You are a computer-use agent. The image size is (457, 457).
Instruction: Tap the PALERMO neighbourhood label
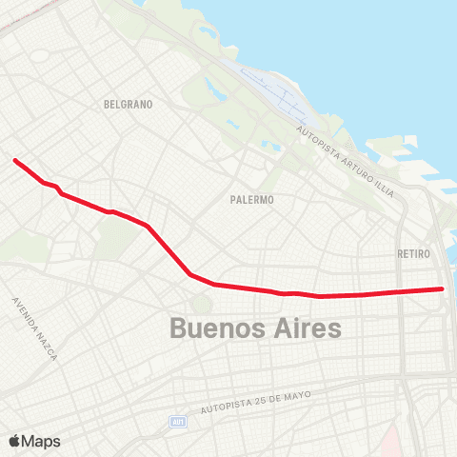point(252,200)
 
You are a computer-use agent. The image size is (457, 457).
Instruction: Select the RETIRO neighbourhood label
point(414,254)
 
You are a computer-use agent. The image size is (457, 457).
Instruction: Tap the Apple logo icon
point(14,441)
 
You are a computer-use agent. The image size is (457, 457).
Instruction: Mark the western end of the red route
point(15,160)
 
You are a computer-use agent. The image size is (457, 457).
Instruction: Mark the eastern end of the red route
point(442,288)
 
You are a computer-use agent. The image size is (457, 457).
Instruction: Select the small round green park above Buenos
point(201,304)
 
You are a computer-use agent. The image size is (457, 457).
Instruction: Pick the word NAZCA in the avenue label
point(47,346)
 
